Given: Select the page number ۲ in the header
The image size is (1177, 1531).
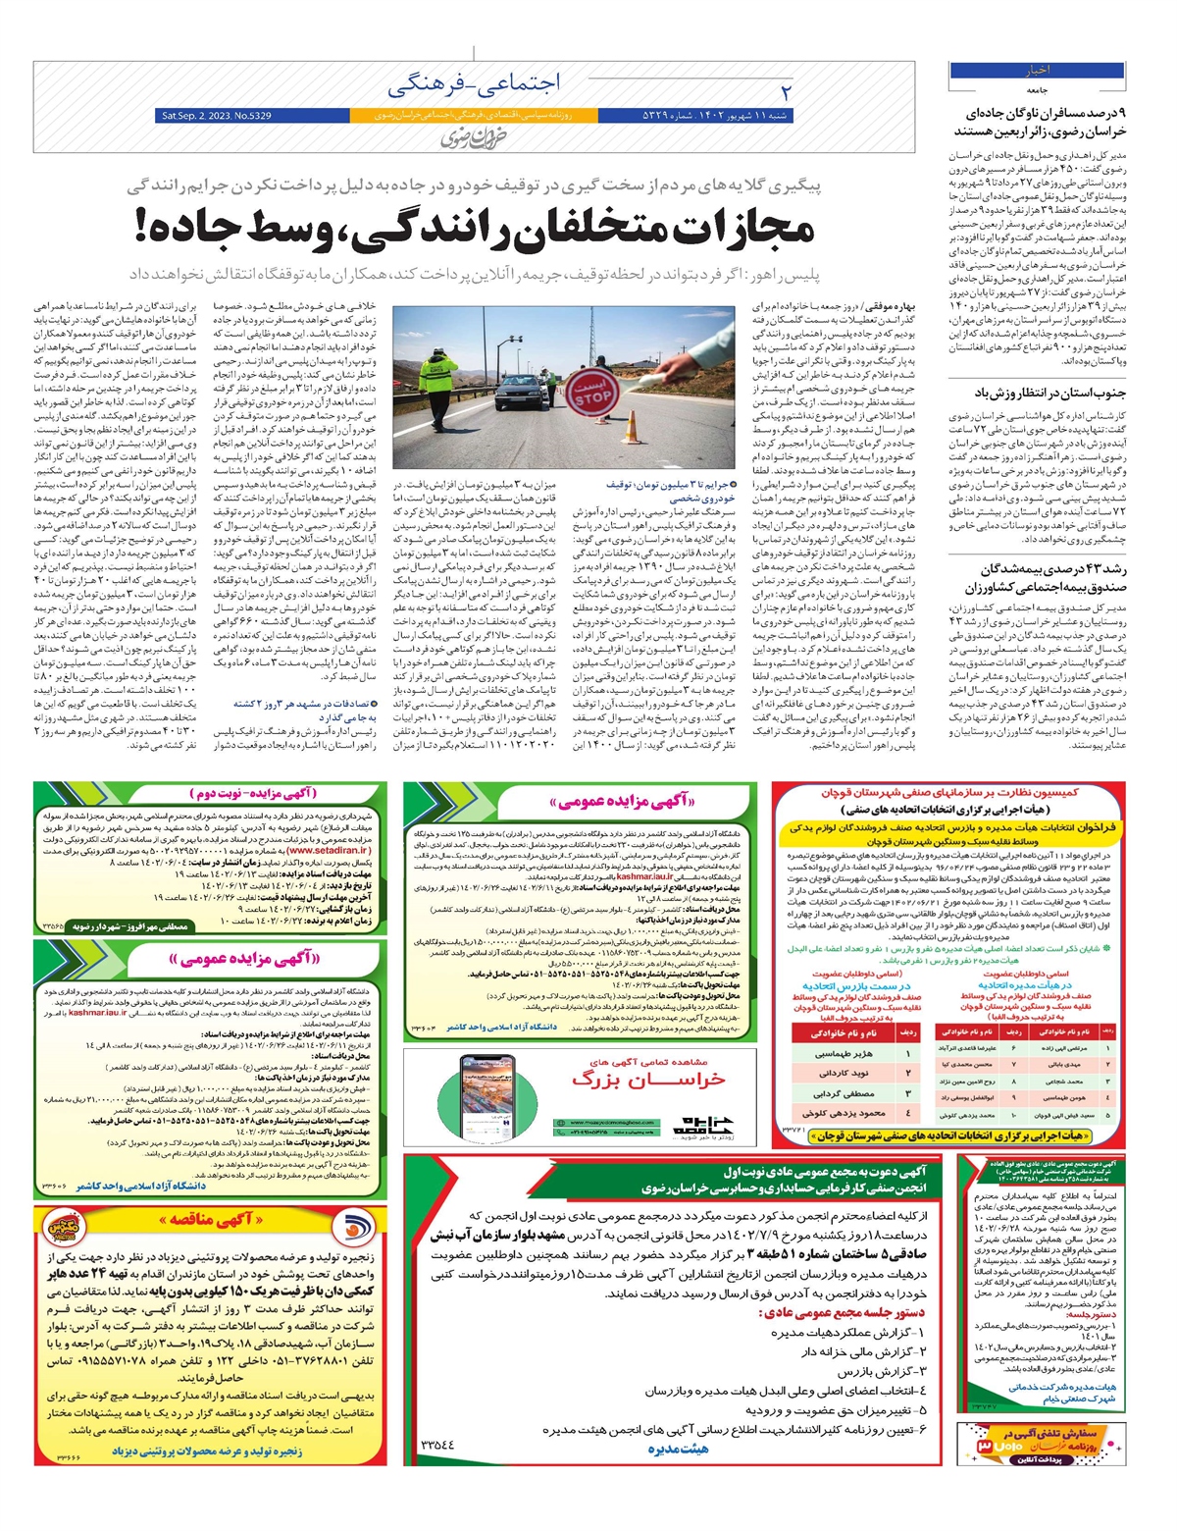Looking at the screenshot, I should tap(785, 92).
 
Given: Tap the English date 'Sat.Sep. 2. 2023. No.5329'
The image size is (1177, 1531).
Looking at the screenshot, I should tap(217, 117).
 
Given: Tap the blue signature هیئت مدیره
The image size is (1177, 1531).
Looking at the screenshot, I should tap(678, 1449).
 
